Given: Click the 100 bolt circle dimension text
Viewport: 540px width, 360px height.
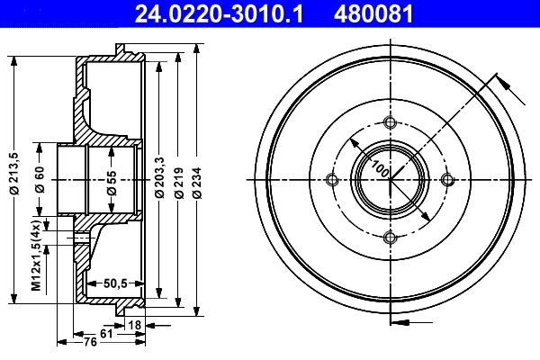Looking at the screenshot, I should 380,168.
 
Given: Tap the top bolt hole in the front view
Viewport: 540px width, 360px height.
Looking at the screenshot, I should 390,123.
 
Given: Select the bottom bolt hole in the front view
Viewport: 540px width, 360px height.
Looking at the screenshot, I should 390,237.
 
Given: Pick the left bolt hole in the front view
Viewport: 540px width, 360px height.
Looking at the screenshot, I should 333,180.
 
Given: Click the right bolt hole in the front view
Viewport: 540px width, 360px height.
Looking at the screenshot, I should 446,180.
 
